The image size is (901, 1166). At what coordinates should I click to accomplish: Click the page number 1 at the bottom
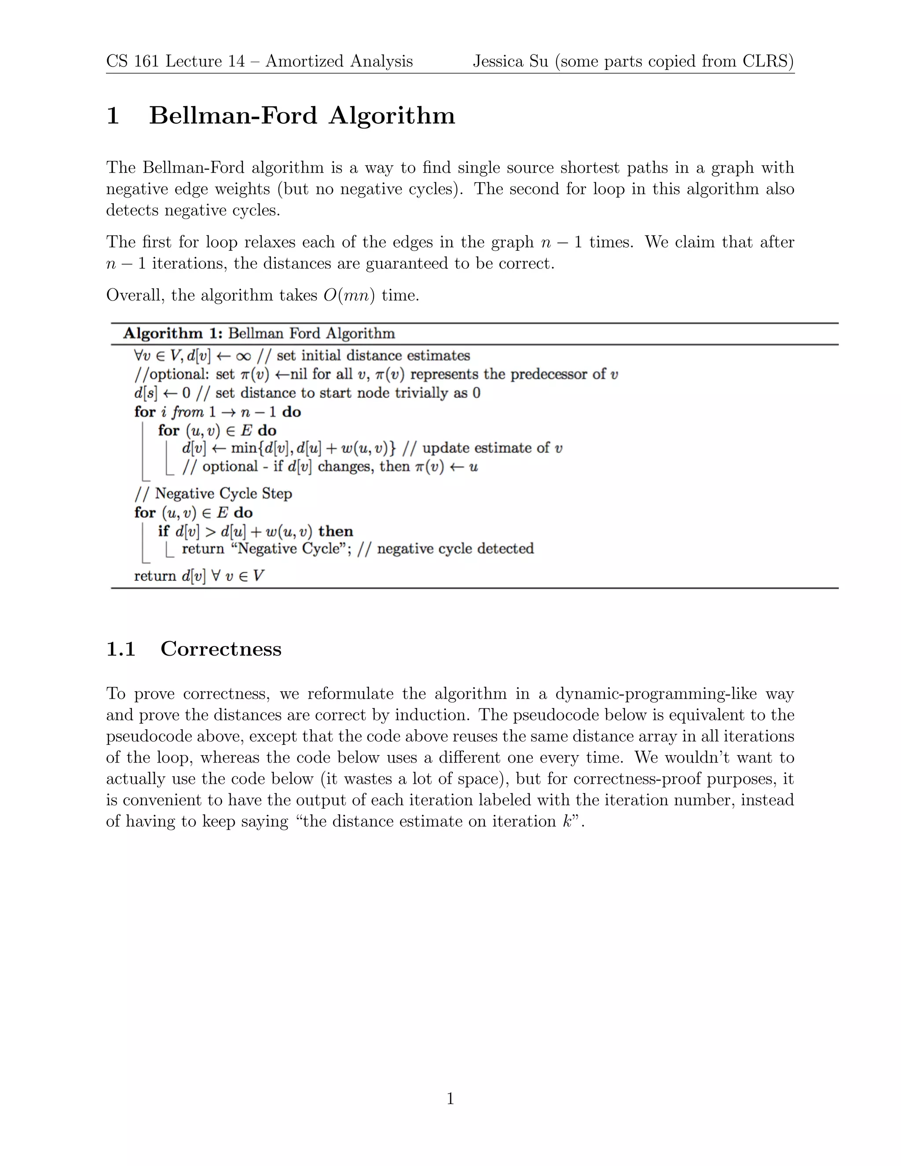[450, 1099]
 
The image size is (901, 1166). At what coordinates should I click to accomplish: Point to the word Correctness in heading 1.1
[220, 649]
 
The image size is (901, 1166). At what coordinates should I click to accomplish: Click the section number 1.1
[121, 649]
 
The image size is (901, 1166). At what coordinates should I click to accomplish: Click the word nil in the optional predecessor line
[298, 374]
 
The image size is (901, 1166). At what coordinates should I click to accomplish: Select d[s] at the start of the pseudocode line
[146, 393]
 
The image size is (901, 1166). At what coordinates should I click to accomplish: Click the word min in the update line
[243, 448]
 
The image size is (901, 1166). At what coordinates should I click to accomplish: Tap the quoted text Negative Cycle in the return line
[288, 549]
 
